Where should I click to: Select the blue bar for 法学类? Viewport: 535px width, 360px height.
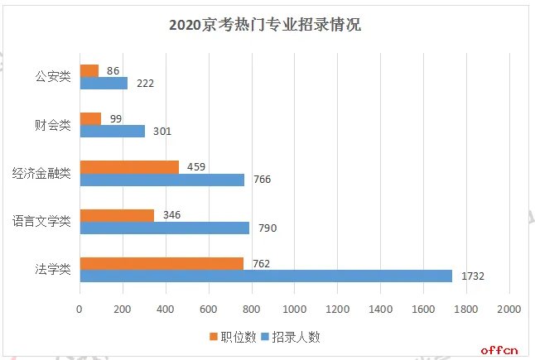(265, 276)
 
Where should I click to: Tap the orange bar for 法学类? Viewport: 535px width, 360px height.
(161, 263)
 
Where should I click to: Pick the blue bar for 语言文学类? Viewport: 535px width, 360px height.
(164, 228)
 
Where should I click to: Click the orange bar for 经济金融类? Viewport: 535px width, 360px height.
(128, 167)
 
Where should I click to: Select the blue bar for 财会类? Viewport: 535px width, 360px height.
(112, 131)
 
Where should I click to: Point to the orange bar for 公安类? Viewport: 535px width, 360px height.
(89, 71)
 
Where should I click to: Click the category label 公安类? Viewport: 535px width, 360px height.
(53, 77)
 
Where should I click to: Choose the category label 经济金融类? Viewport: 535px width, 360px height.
(41, 173)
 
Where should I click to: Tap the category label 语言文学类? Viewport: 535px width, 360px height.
(41, 221)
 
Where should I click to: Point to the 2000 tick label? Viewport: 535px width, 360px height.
(508, 309)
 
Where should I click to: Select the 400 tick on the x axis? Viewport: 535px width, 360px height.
(165, 309)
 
